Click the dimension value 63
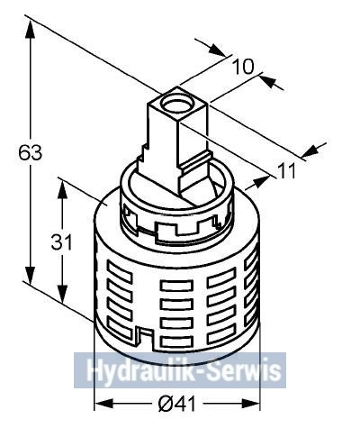point(31,152)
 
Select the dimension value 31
point(62,241)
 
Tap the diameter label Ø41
point(176,404)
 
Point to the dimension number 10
point(243,67)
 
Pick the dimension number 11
point(286,170)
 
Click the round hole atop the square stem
point(175,103)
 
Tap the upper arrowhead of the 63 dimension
point(30,30)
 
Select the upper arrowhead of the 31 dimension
point(62,189)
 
